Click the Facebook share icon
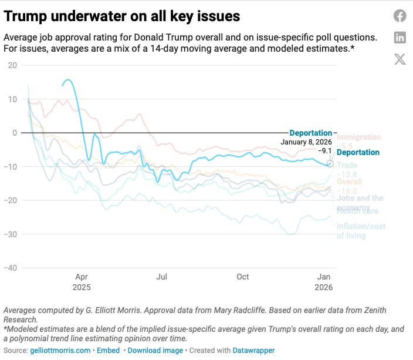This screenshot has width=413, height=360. (x=400, y=16)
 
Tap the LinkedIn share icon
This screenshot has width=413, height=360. (x=400, y=38)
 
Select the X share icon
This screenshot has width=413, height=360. (x=400, y=59)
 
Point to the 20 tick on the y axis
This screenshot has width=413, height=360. (x=12, y=65)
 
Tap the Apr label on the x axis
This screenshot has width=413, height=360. (x=81, y=277)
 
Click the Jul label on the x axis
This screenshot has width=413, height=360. (x=162, y=277)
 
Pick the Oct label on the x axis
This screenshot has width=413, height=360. (x=242, y=277)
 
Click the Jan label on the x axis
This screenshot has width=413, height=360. (x=324, y=277)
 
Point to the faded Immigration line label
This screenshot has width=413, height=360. (x=358, y=137)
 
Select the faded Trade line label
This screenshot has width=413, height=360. (x=347, y=166)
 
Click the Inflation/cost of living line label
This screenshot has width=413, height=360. (x=360, y=231)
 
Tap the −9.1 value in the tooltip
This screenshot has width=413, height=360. (x=324, y=150)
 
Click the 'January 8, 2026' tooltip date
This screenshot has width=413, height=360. (x=306, y=142)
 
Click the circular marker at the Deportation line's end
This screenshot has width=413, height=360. (x=330, y=163)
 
